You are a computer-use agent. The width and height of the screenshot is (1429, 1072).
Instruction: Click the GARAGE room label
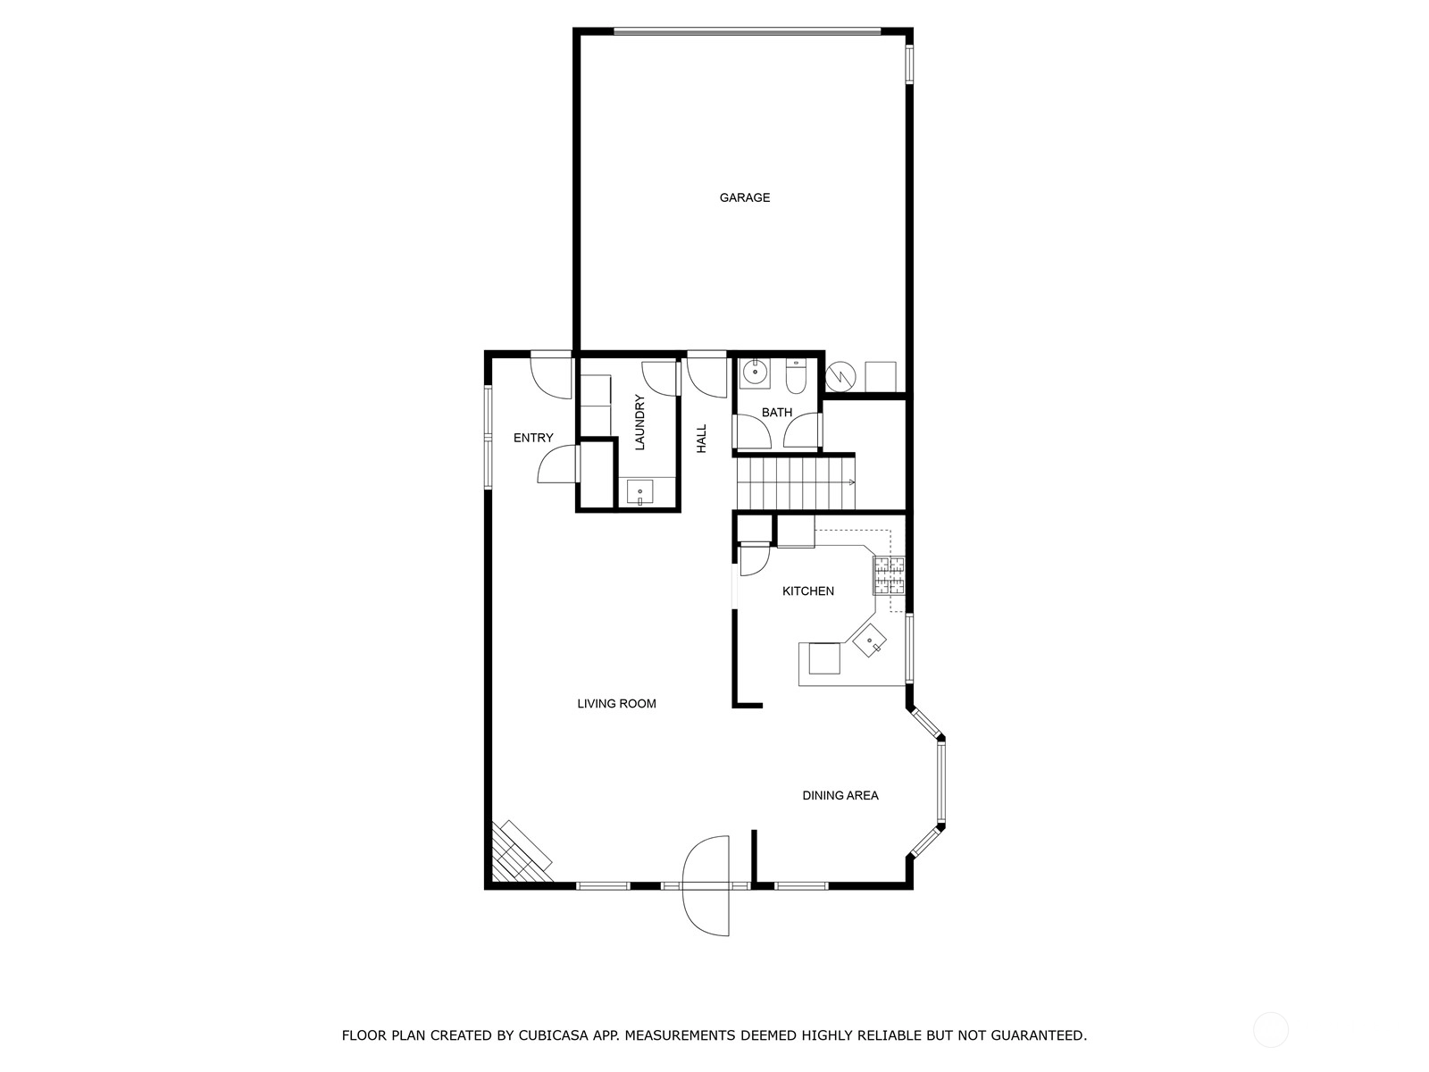click(x=744, y=197)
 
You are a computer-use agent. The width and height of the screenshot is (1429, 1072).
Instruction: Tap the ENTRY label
click(x=533, y=438)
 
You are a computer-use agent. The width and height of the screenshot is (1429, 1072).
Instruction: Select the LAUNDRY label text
click(x=639, y=423)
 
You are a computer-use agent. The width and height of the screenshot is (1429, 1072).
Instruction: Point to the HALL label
click(x=701, y=439)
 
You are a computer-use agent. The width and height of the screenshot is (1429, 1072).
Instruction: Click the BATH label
click(x=777, y=412)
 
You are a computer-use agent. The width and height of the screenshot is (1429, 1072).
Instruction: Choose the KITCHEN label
click(x=808, y=591)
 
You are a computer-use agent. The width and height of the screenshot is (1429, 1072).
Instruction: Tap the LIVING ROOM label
click(x=616, y=704)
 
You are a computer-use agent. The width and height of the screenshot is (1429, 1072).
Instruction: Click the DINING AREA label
click(x=840, y=795)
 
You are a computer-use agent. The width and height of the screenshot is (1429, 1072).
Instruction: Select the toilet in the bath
click(x=796, y=376)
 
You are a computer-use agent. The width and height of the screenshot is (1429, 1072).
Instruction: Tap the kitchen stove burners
click(x=890, y=575)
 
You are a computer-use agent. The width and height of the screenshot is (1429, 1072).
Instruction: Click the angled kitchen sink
click(x=870, y=641)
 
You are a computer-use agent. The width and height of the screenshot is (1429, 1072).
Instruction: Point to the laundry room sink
click(x=640, y=491)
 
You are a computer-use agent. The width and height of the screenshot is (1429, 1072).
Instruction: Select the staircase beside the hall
click(x=795, y=483)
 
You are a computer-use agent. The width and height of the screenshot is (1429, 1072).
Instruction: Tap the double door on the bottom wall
click(x=706, y=886)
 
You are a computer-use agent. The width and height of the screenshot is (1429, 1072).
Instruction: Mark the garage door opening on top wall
click(x=747, y=31)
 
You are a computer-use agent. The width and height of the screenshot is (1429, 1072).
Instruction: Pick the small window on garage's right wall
click(x=909, y=63)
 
